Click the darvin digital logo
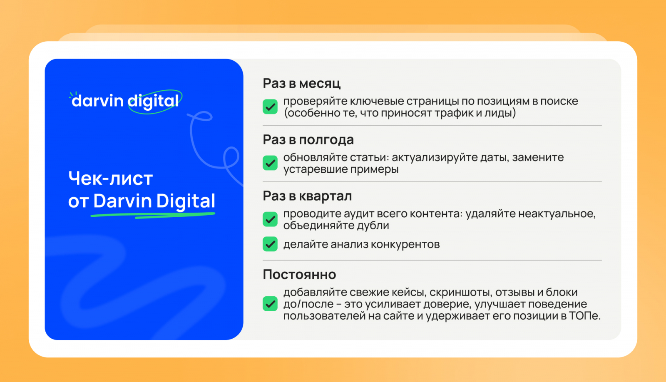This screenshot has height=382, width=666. click(x=125, y=102)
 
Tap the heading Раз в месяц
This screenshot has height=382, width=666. click(x=301, y=83)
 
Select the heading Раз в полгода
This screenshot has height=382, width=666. click(x=308, y=139)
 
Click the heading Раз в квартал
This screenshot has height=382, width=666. click(x=307, y=196)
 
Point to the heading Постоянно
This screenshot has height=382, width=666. click(x=299, y=274)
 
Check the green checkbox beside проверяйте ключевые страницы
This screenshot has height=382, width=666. click(x=270, y=107)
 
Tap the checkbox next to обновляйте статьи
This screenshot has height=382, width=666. click(x=270, y=163)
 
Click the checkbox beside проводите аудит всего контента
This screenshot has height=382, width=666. click(x=270, y=219)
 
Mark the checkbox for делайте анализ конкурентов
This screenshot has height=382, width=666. click(x=270, y=244)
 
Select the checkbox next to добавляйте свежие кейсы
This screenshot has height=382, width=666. click(x=270, y=303)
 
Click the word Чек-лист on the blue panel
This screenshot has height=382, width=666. click(x=111, y=179)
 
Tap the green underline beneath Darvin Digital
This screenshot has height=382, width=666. click(x=153, y=215)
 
